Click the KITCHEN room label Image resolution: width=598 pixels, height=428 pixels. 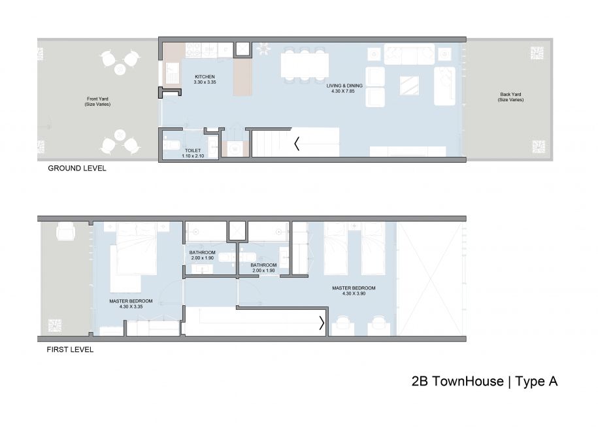tap(204, 77)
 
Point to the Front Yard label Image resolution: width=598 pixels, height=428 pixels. tap(97, 99)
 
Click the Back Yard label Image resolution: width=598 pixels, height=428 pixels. tap(510, 95)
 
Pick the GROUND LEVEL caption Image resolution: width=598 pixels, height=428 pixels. tap(76, 169)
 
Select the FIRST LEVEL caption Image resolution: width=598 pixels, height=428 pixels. tap(70, 350)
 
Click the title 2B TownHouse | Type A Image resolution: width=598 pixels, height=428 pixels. tap(484, 382)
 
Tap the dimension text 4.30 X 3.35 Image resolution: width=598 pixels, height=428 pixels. tap(131, 306)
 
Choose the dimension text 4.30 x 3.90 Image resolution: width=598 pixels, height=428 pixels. tap(354, 293)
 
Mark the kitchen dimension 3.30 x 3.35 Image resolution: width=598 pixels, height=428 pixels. tap(204, 83)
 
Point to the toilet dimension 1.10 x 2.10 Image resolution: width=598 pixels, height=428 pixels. tap(192, 156)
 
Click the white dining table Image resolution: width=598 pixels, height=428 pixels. tap(305, 65)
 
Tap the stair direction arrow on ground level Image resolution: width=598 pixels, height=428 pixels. tap(297, 142)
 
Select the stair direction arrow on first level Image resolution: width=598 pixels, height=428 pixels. tap(322, 323)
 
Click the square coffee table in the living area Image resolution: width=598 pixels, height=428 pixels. tap(410, 86)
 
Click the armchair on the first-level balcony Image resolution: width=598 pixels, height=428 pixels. tap(65, 233)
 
